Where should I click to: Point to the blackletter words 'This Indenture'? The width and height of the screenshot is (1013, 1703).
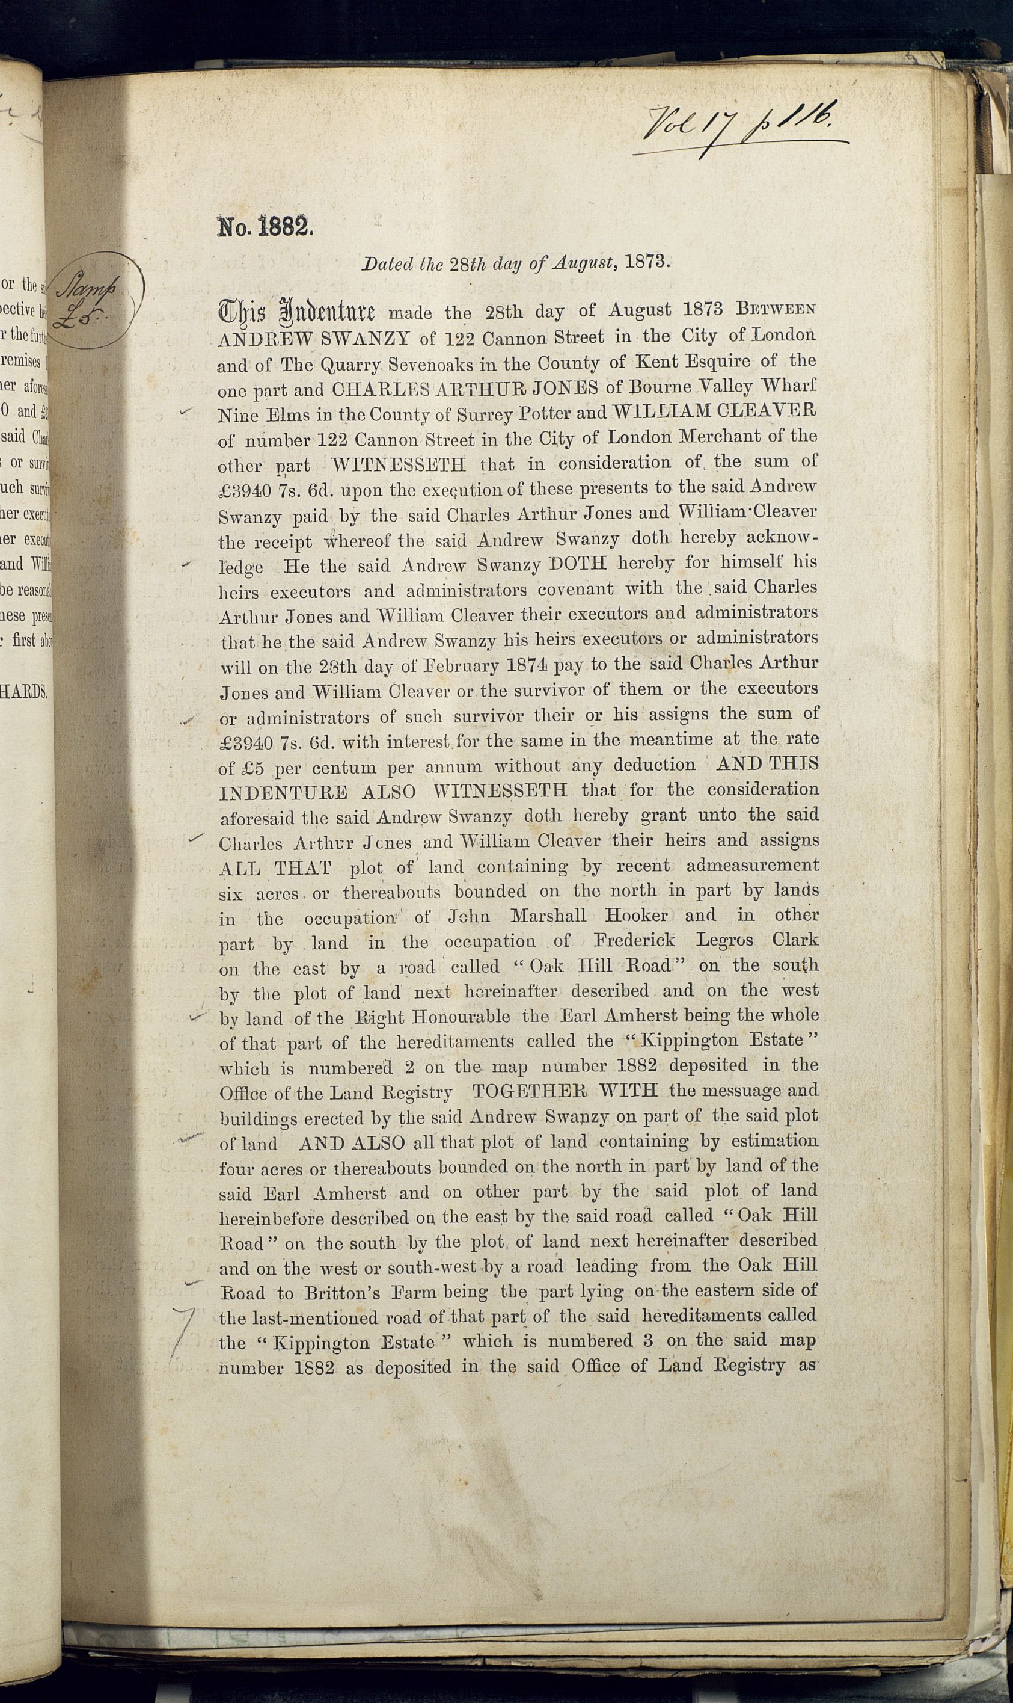click(x=296, y=312)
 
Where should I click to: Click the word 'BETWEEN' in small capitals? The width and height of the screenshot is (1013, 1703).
click(x=776, y=308)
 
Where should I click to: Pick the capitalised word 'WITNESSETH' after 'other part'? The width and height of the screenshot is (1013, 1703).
click(x=399, y=466)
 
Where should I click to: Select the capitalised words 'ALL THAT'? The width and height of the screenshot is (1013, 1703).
click(x=275, y=869)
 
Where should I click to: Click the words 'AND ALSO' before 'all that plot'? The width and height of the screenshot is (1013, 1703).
click(x=352, y=1143)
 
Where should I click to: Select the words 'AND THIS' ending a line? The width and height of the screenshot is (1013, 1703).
click(x=767, y=763)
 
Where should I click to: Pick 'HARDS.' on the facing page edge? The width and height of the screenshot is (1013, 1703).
click(x=25, y=691)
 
